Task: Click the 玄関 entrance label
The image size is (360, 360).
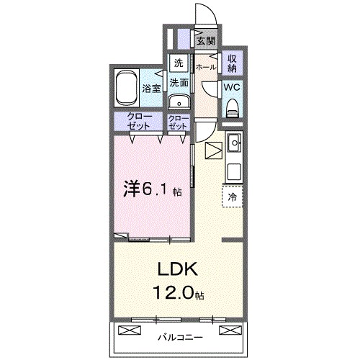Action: click(206, 41)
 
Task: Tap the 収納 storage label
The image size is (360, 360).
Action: click(233, 63)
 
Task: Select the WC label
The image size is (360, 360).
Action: click(232, 86)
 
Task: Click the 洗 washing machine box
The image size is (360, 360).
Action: click(179, 63)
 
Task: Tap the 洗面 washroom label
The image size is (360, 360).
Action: click(179, 82)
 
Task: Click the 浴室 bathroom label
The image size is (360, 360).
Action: click(151, 90)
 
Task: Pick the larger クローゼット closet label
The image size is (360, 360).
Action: click(140, 121)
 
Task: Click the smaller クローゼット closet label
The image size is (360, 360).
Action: click(178, 121)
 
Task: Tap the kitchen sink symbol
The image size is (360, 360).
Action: click(234, 147)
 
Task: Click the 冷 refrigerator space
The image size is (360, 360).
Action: click(233, 195)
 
